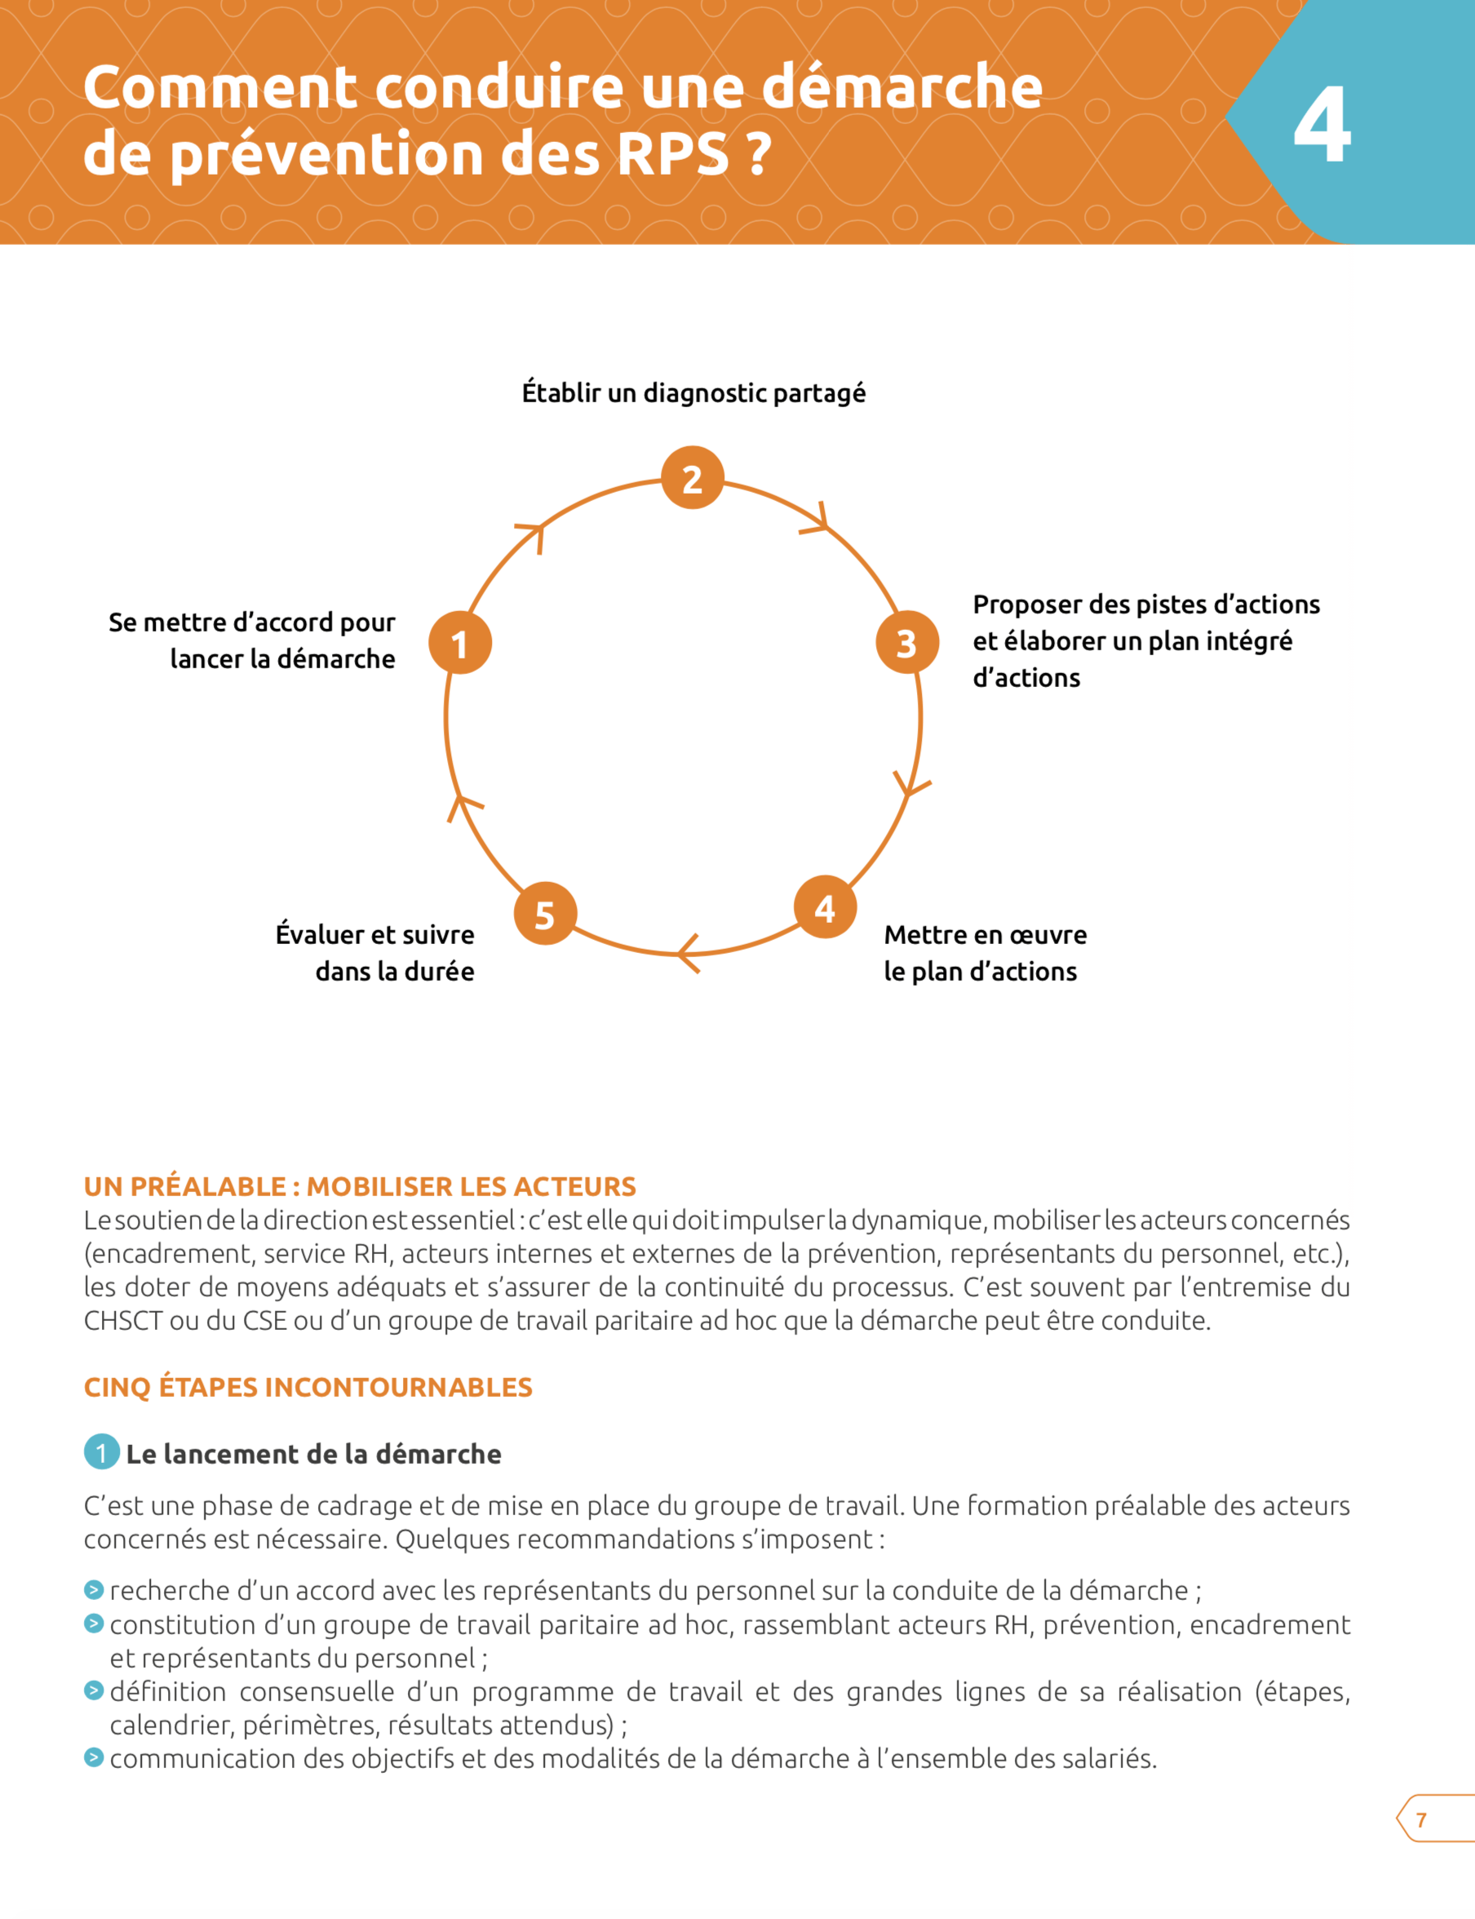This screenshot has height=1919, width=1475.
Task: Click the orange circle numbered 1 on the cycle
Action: click(x=460, y=643)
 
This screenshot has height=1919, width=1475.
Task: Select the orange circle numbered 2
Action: click(x=692, y=477)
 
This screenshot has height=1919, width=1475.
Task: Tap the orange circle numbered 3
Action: click(x=907, y=642)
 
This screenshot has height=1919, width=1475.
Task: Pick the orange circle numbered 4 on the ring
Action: click(x=825, y=906)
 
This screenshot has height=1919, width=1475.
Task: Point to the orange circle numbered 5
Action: click(x=545, y=913)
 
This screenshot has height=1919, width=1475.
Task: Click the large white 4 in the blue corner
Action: click(x=1322, y=126)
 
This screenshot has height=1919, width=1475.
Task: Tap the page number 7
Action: click(x=1420, y=1819)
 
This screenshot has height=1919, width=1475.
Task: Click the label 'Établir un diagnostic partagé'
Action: click(x=693, y=392)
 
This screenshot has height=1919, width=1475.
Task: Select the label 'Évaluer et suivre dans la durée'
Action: click(x=375, y=952)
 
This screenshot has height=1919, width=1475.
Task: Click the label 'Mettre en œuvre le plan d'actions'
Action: click(x=984, y=952)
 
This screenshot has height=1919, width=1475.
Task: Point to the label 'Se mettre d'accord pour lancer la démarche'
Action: click(x=253, y=640)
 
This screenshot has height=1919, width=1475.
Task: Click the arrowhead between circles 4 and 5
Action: click(x=689, y=953)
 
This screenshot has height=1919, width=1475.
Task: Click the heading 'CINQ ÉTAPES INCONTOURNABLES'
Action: click(x=308, y=1387)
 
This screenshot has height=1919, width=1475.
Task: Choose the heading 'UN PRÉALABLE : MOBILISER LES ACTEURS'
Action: click(x=360, y=1187)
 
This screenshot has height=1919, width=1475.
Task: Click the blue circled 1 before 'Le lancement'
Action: click(x=102, y=1452)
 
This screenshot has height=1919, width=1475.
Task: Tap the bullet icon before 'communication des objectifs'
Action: click(x=94, y=1757)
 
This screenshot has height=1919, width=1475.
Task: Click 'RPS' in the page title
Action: click(x=672, y=154)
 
